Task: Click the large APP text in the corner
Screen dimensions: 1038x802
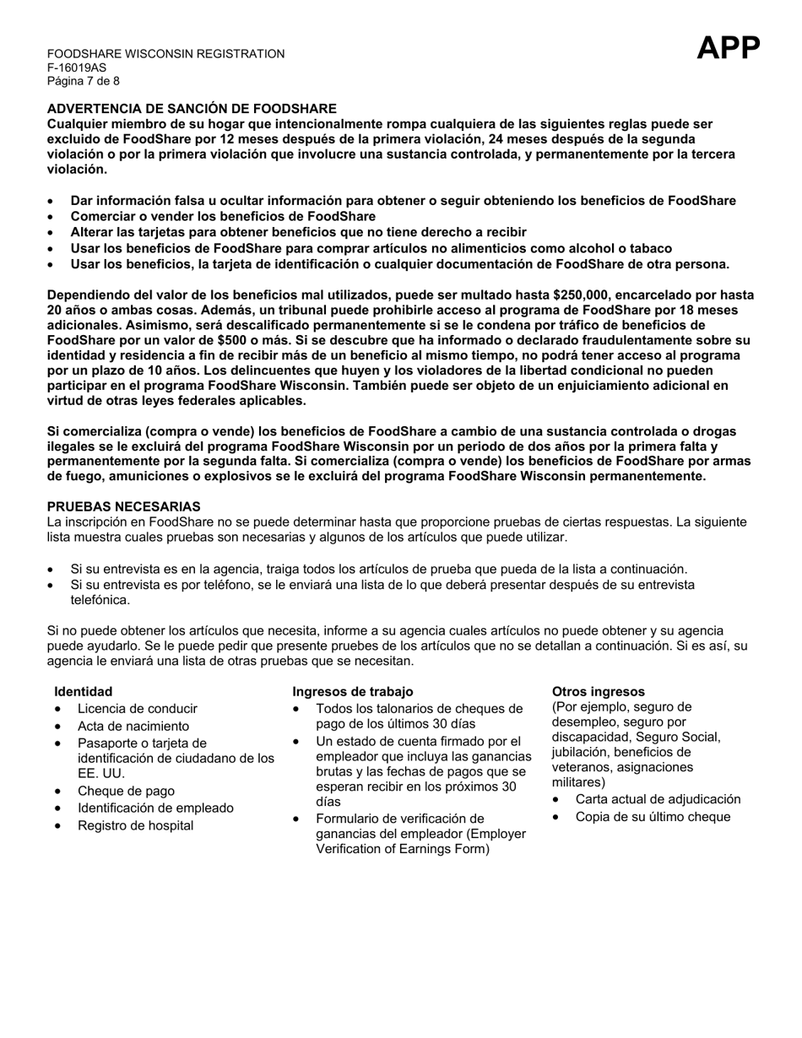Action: click(x=728, y=49)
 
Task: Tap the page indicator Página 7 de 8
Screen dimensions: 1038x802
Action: click(x=83, y=82)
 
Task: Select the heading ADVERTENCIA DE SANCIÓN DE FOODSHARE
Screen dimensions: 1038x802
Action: click(x=192, y=109)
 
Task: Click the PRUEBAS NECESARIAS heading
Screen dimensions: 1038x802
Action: click(x=123, y=506)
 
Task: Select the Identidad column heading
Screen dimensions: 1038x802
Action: click(x=83, y=691)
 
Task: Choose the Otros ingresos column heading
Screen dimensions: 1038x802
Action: click(x=598, y=691)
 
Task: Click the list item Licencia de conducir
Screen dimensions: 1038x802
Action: click(x=137, y=709)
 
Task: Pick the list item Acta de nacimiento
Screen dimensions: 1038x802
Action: click(x=133, y=726)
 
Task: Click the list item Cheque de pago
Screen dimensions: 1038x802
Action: click(x=126, y=791)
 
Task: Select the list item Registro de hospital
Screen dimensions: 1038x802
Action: click(x=135, y=825)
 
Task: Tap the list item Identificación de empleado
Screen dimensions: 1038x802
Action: click(x=155, y=808)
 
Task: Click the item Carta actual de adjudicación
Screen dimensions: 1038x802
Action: click(x=658, y=799)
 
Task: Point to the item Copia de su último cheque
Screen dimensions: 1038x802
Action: click(x=653, y=816)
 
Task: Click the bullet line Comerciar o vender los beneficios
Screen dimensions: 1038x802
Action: click(x=223, y=216)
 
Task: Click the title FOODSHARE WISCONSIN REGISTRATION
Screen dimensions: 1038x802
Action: click(x=165, y=54)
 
